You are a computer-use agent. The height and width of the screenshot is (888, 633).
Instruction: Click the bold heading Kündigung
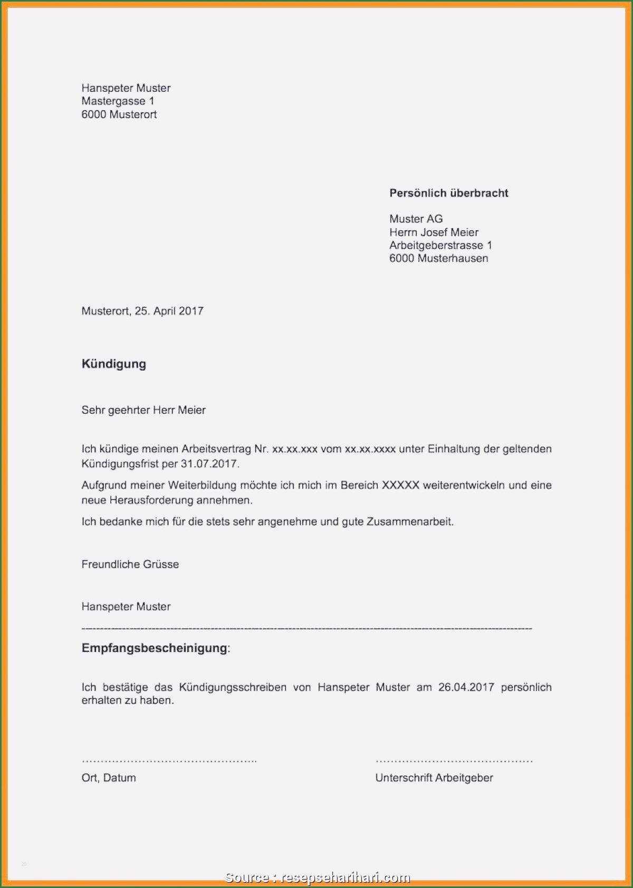pyautogui.click(x=113, y=364)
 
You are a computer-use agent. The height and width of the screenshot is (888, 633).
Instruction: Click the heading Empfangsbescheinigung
pyautogui.click(x=155, y=648)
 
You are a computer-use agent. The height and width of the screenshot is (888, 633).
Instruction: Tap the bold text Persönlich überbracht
pyautogui.click(x=448, y=193)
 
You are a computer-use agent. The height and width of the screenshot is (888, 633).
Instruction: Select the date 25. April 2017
pyautogui.click(x=169, y=311)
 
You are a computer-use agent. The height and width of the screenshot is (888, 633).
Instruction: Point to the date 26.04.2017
pyautogui.click(x=466, y=687)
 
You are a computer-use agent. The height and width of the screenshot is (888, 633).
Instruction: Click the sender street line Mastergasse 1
pyautogui.click(x=118, y=101)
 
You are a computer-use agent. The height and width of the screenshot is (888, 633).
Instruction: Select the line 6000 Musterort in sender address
pyautogui.click(x=119, y=114)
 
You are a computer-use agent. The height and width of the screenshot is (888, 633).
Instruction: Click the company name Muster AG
pyautogui.click(x=416, y=219)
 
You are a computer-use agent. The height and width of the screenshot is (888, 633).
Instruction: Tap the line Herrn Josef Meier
pyautogui.click(x=434, y=232)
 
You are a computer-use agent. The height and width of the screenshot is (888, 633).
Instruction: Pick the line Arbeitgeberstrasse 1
pyautogui.click(x=440, y=245)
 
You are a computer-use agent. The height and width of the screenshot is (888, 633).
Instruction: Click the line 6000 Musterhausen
pyautogui.click(x=438, y=258)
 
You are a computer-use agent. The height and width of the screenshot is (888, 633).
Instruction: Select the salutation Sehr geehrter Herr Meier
pyautogui.click(x=143, y=410)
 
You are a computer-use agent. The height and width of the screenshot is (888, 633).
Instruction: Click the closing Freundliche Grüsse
pyautogui.click(x=130, y=564)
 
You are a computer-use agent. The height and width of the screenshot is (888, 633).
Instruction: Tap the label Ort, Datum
pyautogui.click(x=109, y=778)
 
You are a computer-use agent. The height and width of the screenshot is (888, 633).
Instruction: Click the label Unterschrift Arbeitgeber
pyautogui.click(x=434, y=778)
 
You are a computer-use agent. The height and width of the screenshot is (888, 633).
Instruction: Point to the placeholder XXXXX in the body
pyautogui.click(x=400, y=485)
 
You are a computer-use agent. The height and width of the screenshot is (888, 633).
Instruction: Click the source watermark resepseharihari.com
pyautogui.click(x=346, y=877)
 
